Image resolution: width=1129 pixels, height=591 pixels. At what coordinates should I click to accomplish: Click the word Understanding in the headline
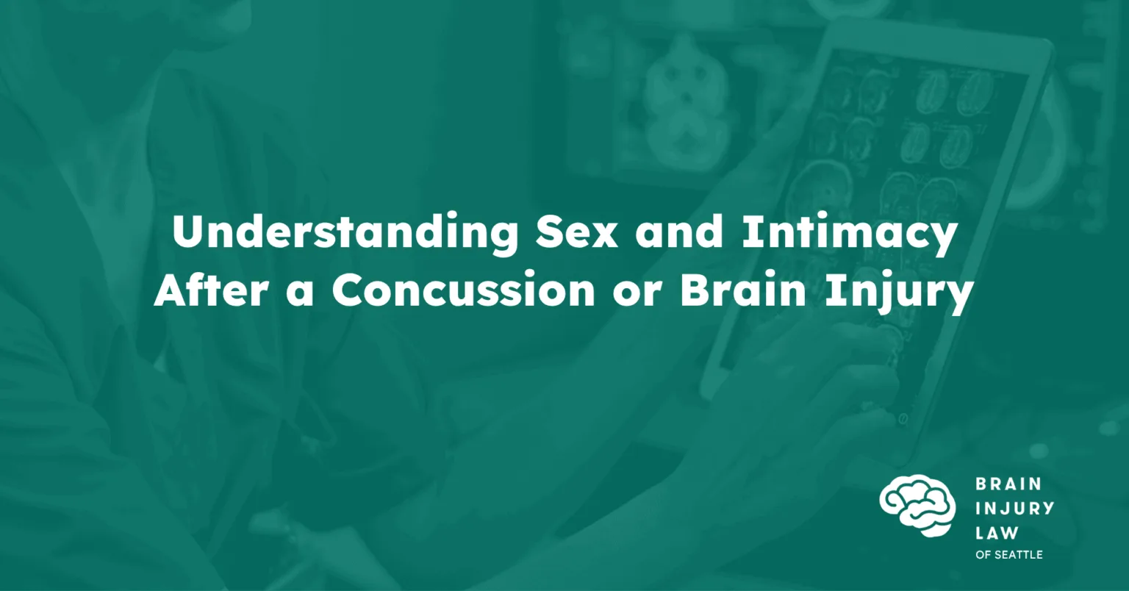pos(345,233)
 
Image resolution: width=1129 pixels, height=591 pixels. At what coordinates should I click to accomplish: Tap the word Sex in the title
pos(577,232)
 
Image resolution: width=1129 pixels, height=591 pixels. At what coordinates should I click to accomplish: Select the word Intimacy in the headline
pos(849,234)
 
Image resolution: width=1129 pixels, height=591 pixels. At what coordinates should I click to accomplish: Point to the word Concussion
pos(463,291)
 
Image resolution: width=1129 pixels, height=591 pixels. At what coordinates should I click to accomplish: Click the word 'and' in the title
pos(680,232)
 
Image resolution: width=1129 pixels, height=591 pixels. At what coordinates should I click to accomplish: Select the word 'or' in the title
pos(637,295)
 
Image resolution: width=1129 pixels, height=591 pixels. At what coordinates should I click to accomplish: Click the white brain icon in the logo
pos(917,505)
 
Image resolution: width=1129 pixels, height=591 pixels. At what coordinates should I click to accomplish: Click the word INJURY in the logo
pos(1014,508)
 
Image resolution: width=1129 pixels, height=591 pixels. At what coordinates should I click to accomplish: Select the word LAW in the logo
pos(997,532)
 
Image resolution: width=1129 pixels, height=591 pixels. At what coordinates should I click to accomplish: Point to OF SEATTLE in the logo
pos(1009,555)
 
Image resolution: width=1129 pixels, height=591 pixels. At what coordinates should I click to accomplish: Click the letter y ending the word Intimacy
pos(943,242)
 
